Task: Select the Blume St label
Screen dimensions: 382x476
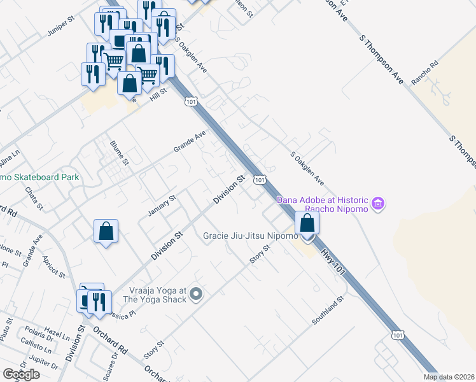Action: [119, 153]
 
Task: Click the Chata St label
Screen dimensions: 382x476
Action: [34, 197]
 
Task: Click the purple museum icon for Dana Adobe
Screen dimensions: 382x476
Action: [379, 204]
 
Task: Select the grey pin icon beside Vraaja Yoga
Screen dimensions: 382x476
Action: [196, 294]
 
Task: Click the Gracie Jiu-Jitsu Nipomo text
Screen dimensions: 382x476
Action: [250, 236]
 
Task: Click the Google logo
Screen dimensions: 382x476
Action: [21, 374]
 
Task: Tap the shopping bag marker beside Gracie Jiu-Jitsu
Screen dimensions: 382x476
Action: [307, 224]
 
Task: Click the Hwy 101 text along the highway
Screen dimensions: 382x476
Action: [332, 262]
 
